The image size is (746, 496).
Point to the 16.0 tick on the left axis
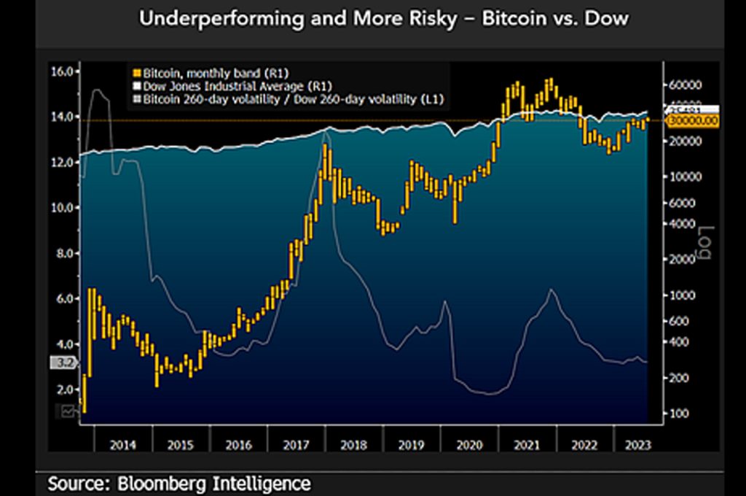(62, 71)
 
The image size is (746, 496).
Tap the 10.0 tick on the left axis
(62, 208)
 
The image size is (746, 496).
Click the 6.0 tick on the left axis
(62, 299)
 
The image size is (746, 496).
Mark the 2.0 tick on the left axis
(62, 390)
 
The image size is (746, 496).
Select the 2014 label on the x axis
(122, 445)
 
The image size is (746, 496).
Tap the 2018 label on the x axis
(353, 445)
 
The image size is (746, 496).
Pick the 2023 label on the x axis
(629, 445)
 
